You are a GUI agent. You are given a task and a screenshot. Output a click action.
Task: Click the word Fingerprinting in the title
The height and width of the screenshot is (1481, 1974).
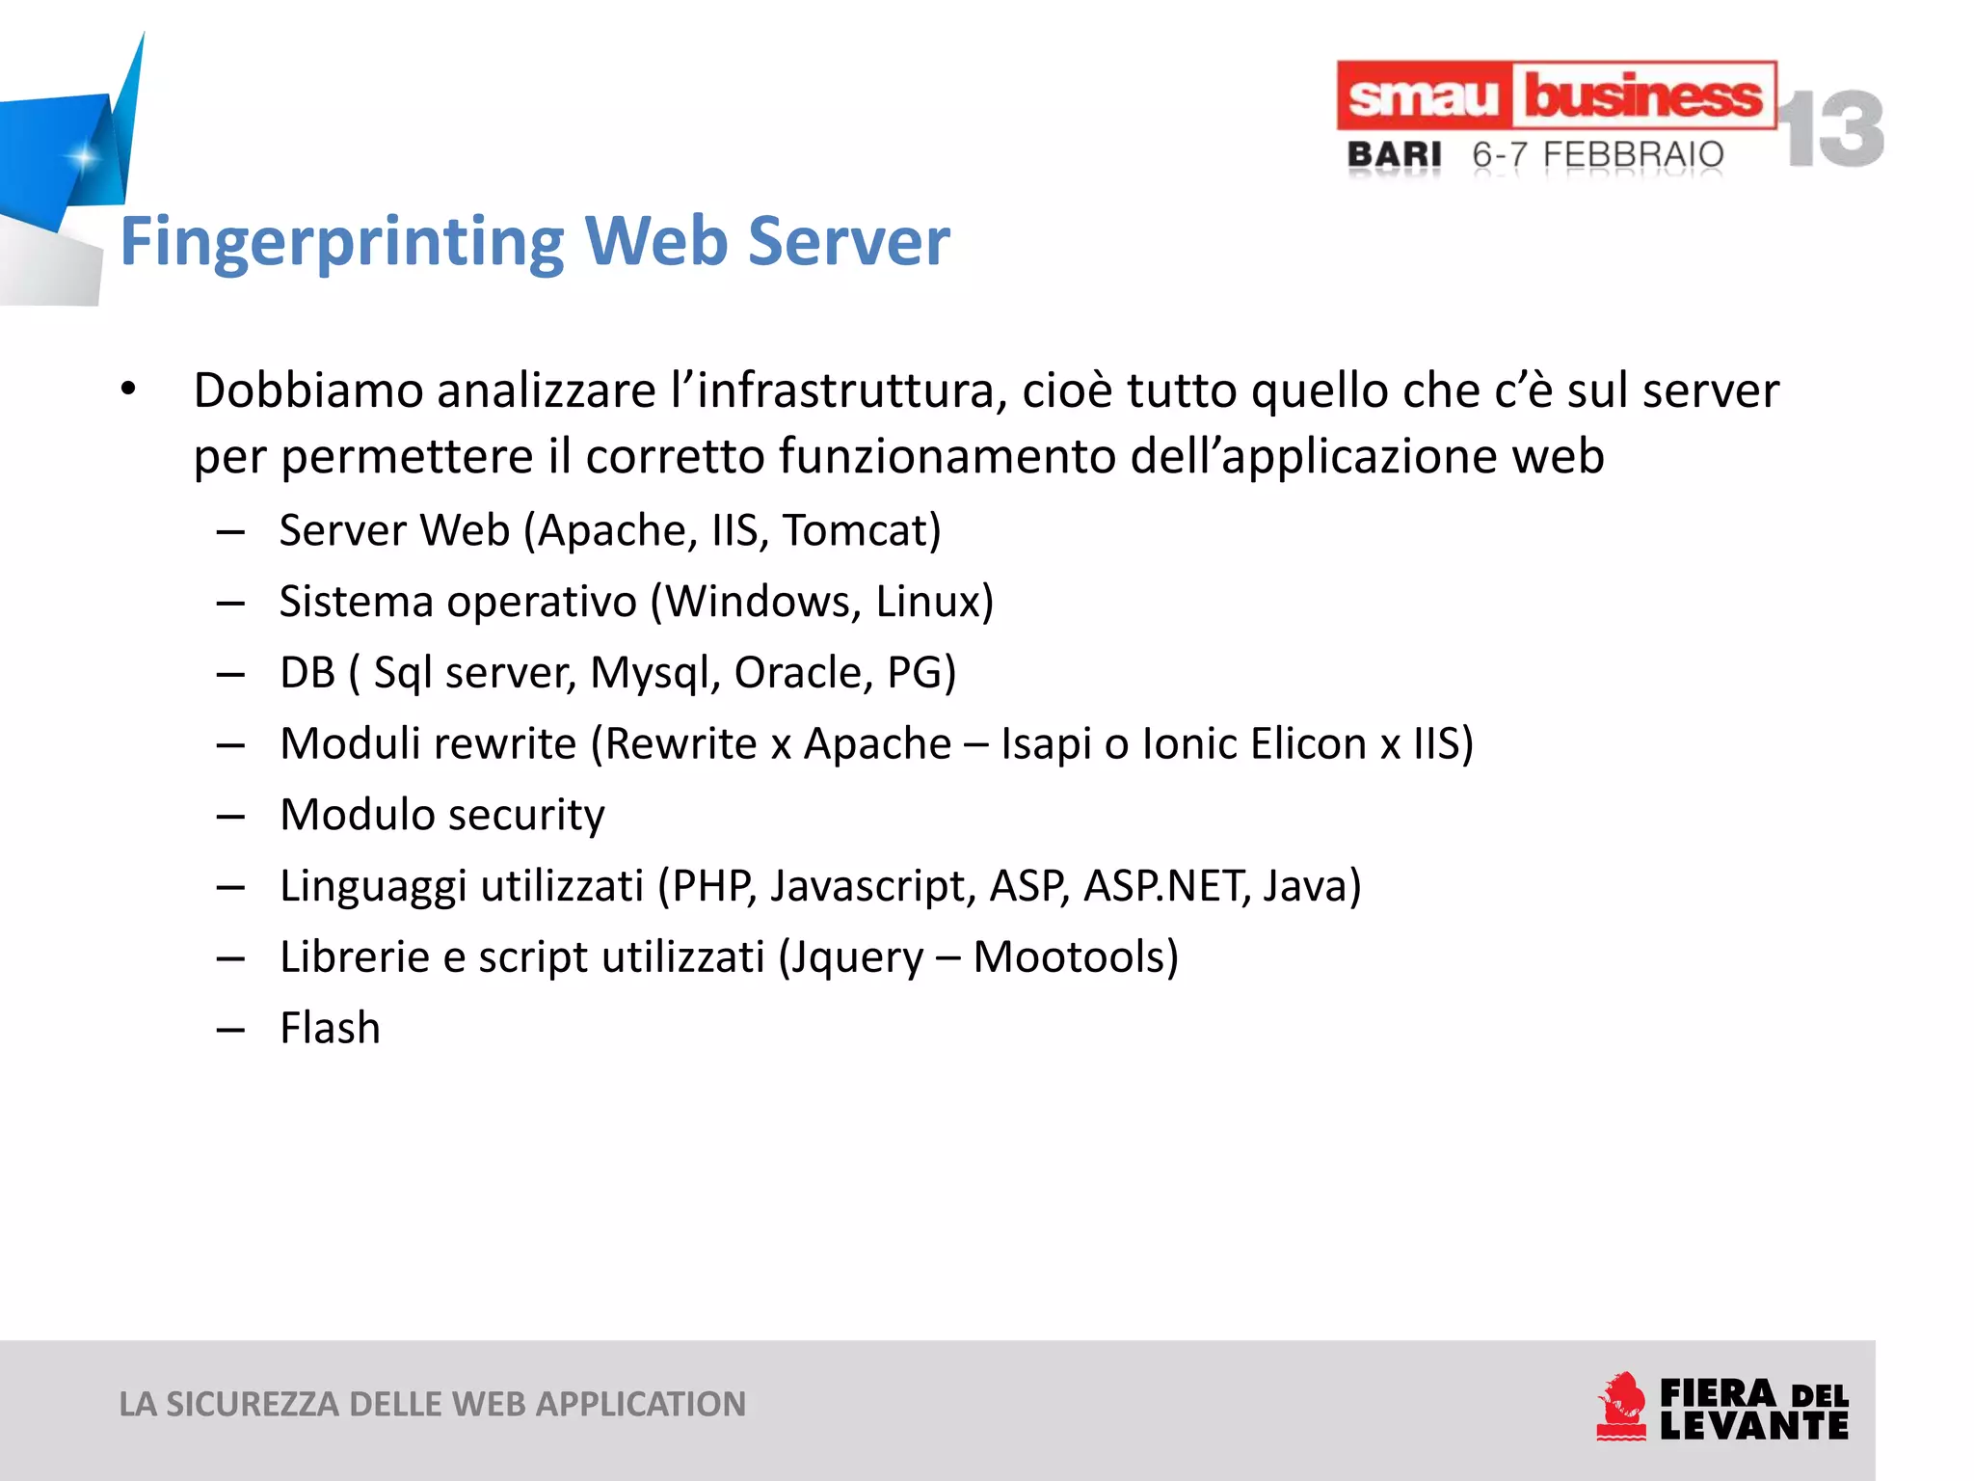[342, 242]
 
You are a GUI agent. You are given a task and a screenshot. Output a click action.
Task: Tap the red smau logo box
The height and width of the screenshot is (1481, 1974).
[1423, 96]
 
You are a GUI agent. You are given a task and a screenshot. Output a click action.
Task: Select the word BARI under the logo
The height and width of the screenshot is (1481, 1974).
[1394, 154]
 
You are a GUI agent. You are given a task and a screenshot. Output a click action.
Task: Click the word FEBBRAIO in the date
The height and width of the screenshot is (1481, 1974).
[1633, 154]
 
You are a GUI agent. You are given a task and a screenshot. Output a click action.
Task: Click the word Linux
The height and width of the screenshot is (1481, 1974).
[934, 602]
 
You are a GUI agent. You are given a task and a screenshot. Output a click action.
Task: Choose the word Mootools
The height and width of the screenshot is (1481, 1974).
[1076, 956]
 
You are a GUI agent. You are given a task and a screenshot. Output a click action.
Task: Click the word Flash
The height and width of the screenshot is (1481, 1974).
[330, 1028]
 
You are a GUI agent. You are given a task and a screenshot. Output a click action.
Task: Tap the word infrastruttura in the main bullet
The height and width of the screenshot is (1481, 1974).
[851, 390]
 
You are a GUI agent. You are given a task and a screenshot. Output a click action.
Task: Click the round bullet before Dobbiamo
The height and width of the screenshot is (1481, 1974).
[128, 390]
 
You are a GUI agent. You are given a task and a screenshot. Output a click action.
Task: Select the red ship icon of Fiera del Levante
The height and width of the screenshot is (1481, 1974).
[1621, 1407]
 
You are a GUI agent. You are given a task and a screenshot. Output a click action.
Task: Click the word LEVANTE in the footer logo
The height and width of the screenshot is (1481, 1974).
[1753, 1425]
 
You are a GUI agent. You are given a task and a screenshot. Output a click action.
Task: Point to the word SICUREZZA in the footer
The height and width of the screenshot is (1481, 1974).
[252, 1404]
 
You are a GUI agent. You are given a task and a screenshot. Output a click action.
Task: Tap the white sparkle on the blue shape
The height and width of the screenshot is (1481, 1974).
[84, 156]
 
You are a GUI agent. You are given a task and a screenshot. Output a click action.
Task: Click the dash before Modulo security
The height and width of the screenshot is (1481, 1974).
[230, 817]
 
